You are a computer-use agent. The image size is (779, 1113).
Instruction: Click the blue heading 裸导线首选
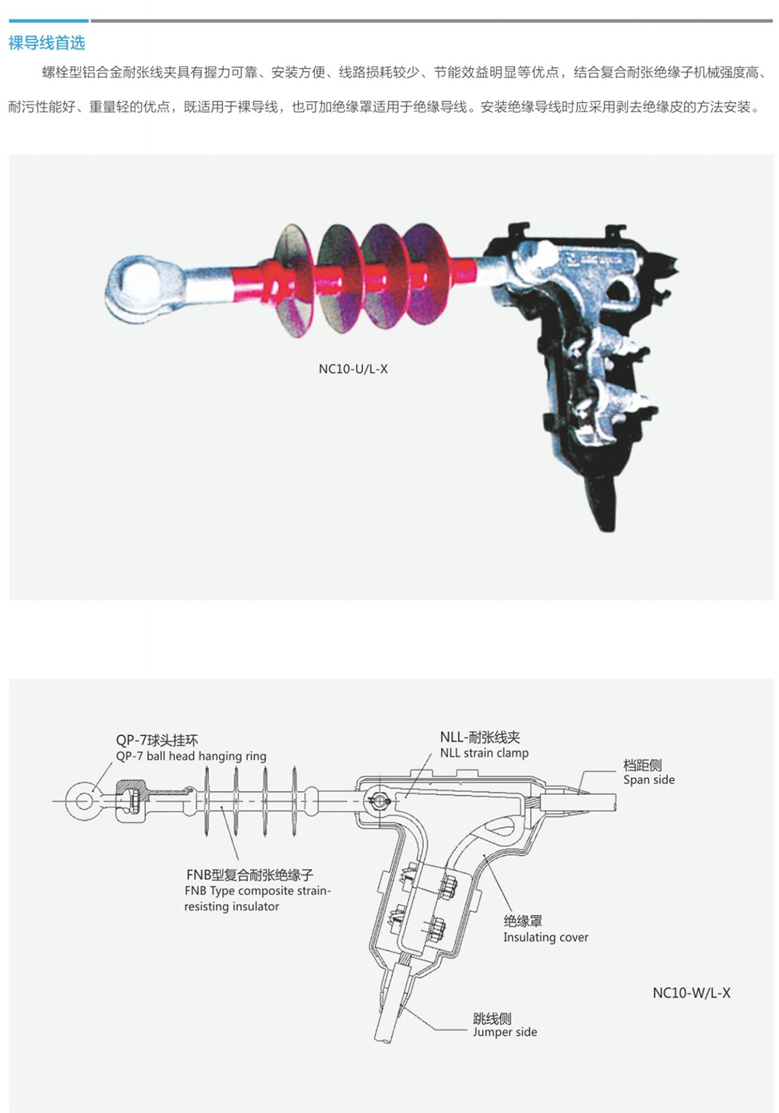tap(47, 43)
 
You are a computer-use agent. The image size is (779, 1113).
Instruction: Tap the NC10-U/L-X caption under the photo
tap(353, 369)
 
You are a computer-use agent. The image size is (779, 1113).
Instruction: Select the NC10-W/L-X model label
tap(691, 992)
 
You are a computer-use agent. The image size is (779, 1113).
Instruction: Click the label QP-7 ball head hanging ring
tap(191, 756)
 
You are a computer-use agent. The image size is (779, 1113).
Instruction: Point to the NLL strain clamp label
tap(484, 753)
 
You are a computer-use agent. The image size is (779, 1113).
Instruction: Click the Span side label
tap(649, 779)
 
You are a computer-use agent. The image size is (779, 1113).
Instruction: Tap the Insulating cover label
tap(545, 938)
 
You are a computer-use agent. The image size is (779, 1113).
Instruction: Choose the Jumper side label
tap(505, 1032)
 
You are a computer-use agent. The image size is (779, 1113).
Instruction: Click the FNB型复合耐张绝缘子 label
tap(250, 875)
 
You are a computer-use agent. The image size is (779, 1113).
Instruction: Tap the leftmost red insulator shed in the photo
tap(292, 280)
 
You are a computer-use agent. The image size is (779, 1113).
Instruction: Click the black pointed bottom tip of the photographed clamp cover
tap(607, 517)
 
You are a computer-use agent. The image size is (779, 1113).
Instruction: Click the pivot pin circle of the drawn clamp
tap(379, 800)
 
